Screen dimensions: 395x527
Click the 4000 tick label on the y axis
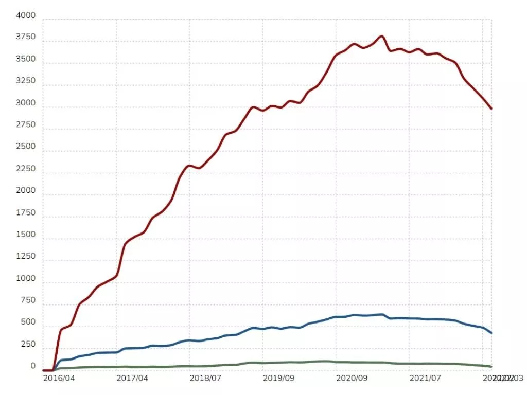[x=26, y=16]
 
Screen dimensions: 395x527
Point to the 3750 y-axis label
[x=26, y=38]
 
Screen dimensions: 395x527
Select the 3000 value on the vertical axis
[x=26, y=103]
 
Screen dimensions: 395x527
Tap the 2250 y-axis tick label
[x=26, y=169]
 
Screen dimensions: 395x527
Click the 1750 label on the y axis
[x=26, y=213]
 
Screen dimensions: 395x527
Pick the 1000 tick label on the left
[x=26, y=279]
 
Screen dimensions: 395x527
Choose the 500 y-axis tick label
[x=28, y=322]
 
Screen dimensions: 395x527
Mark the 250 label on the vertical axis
[x=28, y=345]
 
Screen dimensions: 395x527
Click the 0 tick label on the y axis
[x=33, y=366]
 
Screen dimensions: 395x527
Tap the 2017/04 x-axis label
[x=132, y=378]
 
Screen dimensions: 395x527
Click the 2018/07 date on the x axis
[x=205, y=378]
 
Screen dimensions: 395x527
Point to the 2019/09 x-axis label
[x=278, y=378]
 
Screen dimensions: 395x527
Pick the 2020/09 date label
[x=352, y=378]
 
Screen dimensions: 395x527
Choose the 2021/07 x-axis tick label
[x=425, y=378]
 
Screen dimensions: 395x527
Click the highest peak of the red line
[x=381, y=36]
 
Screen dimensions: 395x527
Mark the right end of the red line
[x=491, y=109]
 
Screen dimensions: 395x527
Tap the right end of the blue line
[x=491, y=333]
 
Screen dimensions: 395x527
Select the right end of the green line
[x=491, y=367]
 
